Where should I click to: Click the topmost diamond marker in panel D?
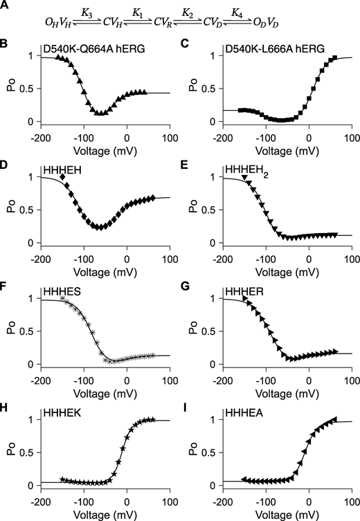pos(64,178)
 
